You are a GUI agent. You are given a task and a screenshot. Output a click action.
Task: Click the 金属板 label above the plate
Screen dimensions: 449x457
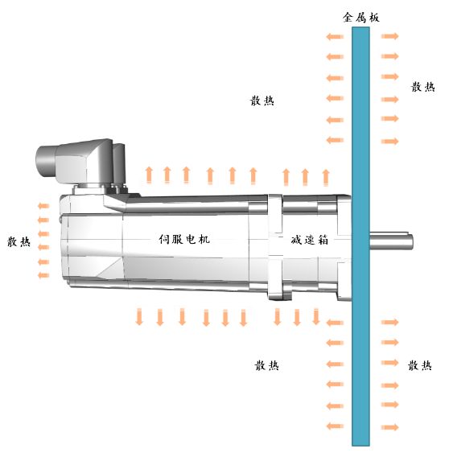[361, 18]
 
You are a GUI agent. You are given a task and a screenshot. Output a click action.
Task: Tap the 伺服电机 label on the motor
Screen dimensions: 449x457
[184, 239]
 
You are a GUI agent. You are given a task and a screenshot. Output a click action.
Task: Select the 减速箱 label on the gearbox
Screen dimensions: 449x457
[309, 240]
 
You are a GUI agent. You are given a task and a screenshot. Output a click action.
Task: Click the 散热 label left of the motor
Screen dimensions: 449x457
[19, 241]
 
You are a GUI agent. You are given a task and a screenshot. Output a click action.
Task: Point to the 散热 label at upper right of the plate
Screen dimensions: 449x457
[422, 87]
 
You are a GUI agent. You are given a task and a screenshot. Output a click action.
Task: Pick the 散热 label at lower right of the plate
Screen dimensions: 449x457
[420, 365]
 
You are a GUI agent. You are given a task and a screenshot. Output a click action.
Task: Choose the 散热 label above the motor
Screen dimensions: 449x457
[262, 101]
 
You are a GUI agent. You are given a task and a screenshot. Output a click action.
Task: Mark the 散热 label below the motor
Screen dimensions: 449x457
[266, 365]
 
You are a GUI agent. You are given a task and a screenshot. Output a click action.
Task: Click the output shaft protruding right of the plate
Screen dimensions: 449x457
[392, 241]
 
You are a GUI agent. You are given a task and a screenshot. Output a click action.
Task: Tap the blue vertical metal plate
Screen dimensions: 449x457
[360, 237]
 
